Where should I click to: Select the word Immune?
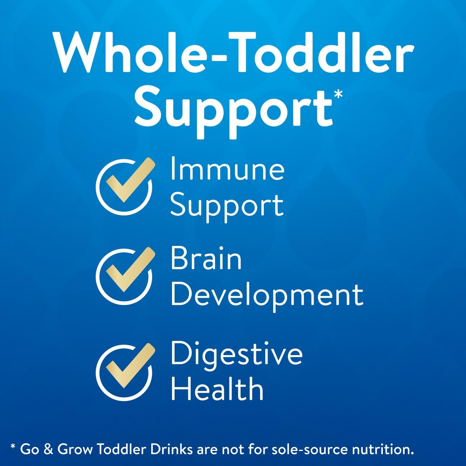(x=227, y=169)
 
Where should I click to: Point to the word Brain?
(x=206, y=259)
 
